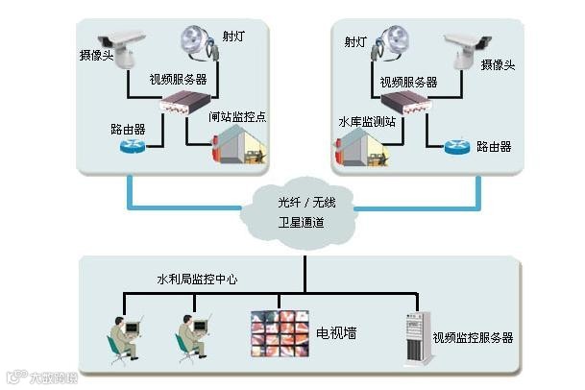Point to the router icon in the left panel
[132, 146]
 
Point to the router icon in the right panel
[457, 146]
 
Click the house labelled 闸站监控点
[237, 143]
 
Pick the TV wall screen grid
[281, 333]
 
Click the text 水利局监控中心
[197, 279]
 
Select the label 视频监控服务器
[473, 338]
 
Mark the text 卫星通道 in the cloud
[301, 223]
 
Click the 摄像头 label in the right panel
[499, 64]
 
